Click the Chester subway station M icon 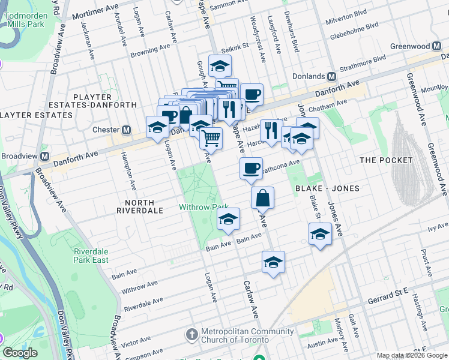pyautogui.click(x=127, y=130)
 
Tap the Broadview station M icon pyautogui.click(x=45, y=156)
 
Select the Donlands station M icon pyautogui.click(x=331, y=77)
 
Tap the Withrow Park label pyautogui.click(x=200, y=207)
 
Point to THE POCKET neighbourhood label pyautogui.click(x=385, y=160)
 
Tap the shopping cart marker pyautogui.click(x=211, y=138)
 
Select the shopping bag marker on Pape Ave pyautogui.click(x=263, y=197)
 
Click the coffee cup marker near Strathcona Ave pyautogui.click(x=250, y=168)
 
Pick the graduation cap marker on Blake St pyautogui.click(x=320, y=233)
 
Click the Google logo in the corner pyautogui.click(x=20, y=353)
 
